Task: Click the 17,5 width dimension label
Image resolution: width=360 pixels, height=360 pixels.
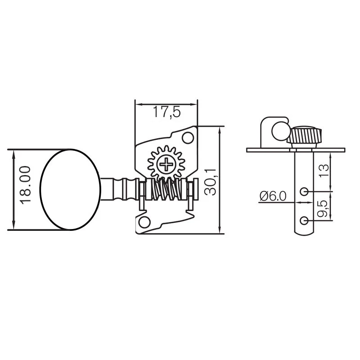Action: click(166, 112)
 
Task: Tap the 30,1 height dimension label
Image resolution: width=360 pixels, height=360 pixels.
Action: click(210, 182)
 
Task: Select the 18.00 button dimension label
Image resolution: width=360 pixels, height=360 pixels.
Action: click(25, 185)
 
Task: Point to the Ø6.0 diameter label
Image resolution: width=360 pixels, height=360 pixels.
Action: click(273, 196)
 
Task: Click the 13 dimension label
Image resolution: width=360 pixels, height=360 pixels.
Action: click(324, 171)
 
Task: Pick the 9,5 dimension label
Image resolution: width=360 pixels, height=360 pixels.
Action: click(322, 209)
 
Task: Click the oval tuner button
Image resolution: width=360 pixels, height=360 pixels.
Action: click(71, 189)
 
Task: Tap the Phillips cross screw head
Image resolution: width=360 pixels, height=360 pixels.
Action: click(166, 164)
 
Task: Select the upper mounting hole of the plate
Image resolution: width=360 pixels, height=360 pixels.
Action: click(188, 138)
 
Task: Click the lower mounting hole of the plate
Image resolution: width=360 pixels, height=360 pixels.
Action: click(144, 222)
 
